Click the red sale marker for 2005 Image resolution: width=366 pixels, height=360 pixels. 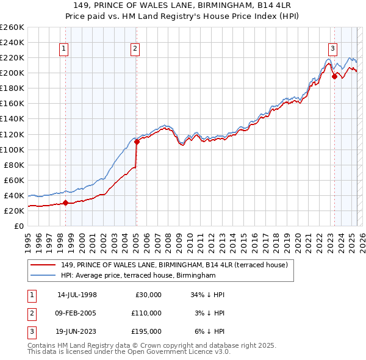click(x=137, y=142)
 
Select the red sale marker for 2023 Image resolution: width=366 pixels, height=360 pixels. click(x=334, y=77)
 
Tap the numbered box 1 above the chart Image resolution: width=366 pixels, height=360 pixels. click(x=64, y=49)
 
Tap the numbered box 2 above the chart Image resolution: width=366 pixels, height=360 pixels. click(x=135, y=49)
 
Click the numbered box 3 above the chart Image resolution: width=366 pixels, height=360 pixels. click(x=332, y=49)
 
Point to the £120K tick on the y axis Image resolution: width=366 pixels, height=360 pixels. click(x=12, y=134)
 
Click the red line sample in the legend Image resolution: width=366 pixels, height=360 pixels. click(x=44, y=265)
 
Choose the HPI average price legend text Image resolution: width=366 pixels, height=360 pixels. click(x=138, y=276)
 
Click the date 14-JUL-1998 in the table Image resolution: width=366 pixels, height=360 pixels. click(x=77, y=295)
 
